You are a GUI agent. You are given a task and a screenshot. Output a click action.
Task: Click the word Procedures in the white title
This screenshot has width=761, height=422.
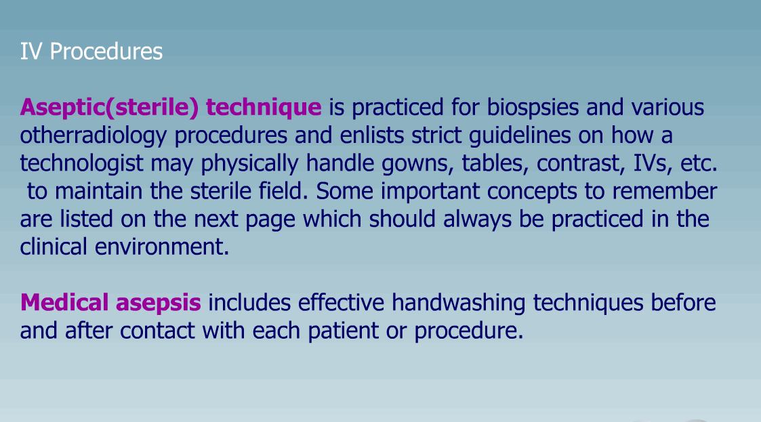[x=106, y=51]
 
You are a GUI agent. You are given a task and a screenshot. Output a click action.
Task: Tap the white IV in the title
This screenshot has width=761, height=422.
[x=30, y=51]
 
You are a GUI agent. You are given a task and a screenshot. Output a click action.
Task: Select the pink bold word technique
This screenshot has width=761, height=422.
[x=264, y=108]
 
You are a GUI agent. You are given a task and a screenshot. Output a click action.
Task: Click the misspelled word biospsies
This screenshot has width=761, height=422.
[x=533, y=108]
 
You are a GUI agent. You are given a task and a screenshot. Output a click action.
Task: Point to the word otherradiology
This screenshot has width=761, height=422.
[x=94, y=136]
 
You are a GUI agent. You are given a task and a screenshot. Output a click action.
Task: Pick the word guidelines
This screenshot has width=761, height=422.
[x=520, y=136]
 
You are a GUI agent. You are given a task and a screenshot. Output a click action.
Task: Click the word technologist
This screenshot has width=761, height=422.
[x=81, y=163]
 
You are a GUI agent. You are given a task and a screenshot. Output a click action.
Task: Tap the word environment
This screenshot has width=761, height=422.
[x=161, y=247]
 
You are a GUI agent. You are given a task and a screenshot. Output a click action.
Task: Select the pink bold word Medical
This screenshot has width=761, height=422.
[x=64, y=302]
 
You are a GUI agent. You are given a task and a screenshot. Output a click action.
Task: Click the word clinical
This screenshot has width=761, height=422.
[x=54, y=247]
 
